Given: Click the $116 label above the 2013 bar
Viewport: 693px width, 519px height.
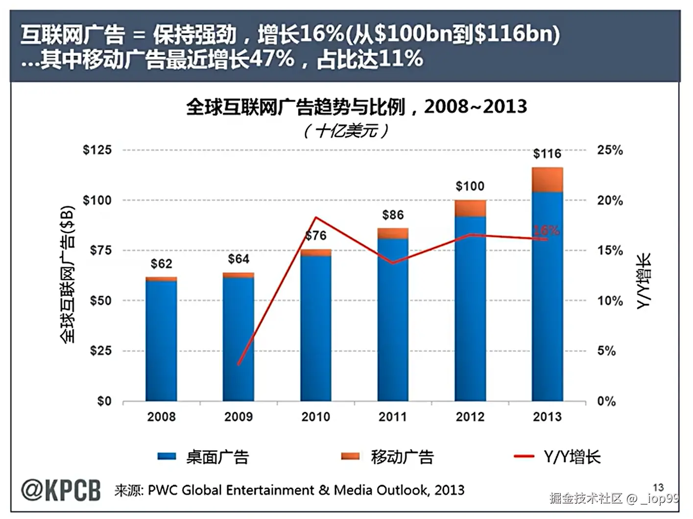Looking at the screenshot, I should [x=547, y=154].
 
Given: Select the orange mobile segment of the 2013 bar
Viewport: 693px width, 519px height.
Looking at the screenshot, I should [x=547, y=180].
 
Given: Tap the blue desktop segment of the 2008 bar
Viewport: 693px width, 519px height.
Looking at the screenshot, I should [x=161, y=340].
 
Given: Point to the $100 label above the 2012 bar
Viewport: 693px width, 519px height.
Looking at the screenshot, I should [x=470, y=186].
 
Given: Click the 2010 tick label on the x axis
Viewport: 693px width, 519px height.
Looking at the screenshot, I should [x=315, y=417].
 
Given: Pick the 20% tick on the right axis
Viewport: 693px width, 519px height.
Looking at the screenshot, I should [x=610, y=200].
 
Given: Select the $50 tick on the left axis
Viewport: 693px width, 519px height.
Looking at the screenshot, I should [x=100, y=301].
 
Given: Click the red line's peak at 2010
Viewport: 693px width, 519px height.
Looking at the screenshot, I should [x=316, y=217].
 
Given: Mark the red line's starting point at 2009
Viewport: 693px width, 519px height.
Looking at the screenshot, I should [x=239, y=364].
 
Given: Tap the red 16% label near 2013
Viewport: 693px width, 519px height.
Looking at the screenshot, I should [x=546, y=230].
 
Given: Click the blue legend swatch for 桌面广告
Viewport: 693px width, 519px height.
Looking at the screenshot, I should [x=167, y=456].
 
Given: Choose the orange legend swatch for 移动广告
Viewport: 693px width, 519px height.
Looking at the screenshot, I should [x=350, y=456].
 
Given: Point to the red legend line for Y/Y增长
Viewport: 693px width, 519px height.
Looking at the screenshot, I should [x=524, y=456].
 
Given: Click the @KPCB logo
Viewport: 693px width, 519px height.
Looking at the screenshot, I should [x=61, y=490].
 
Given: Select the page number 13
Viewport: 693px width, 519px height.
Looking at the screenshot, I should [x=658, y=487].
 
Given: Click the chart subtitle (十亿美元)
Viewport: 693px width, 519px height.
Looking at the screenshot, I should [x=346, y=131].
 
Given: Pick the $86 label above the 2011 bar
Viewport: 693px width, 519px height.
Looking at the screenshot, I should [x=393, y=215].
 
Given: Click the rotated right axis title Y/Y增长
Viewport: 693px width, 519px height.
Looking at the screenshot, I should [x=644, y=281].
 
